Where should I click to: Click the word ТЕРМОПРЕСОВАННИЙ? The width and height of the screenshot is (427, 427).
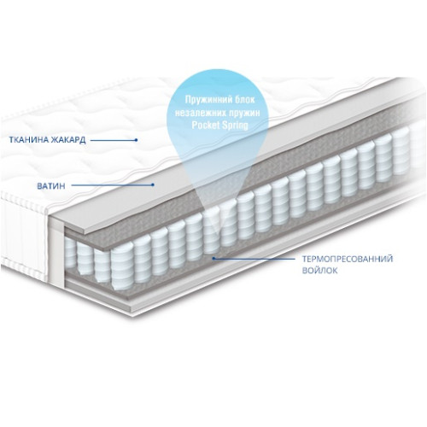pos(348,259)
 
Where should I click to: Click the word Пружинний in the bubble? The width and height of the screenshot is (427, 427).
pos(205,100)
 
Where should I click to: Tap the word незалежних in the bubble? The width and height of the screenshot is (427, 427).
pos(198,113)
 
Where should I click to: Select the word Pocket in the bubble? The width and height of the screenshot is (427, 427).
pos(205,125)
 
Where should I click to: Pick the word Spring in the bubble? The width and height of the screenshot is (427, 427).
pos(235,126)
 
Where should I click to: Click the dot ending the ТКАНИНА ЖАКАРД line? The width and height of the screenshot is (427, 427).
pos(136,140)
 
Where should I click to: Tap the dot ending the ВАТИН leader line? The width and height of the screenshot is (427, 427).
pos(153,184)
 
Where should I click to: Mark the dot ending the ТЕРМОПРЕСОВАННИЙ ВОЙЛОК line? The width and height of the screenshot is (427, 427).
pos(213,259)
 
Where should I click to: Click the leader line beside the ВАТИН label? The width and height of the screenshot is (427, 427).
pos(112,185)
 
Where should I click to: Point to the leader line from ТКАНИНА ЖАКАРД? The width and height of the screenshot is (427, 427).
pos(114,140)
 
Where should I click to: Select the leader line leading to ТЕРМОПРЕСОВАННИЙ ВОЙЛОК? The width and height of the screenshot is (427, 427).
pos(254,259)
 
